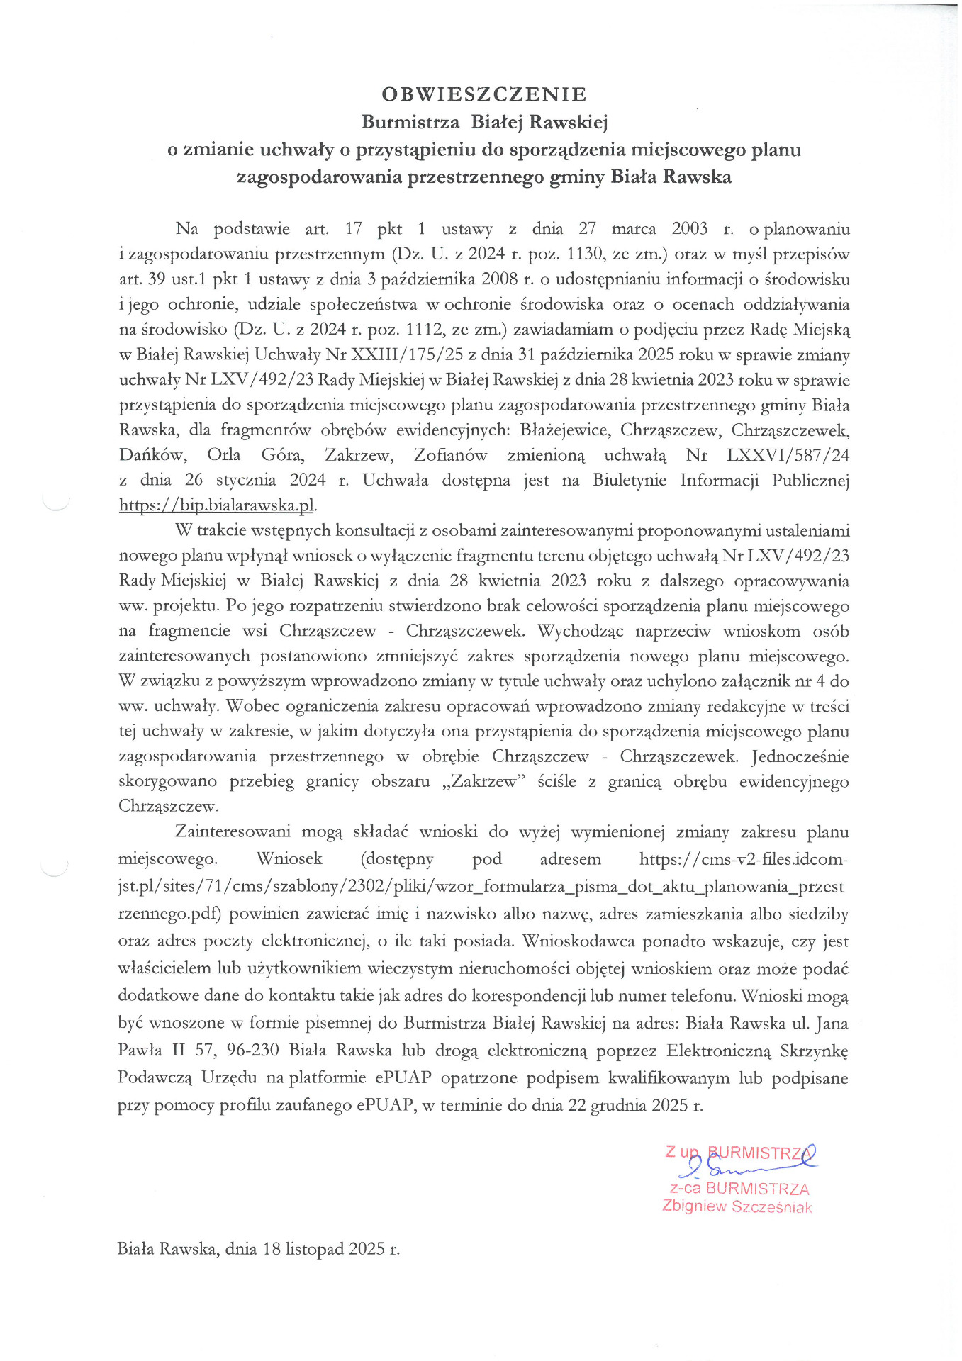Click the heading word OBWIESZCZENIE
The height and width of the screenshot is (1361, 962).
click(x=484, y=94)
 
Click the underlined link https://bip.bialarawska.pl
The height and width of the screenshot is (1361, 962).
click(x=216, y=505)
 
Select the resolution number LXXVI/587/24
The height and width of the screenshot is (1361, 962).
click(x=788, y=455)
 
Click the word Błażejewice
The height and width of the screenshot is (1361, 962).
click(x=564, y=430)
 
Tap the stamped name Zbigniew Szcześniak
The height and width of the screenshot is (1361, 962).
click(x=737, y=1206)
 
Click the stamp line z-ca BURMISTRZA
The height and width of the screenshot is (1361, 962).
click(x=739, y=1189)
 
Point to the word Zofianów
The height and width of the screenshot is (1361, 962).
click(x=450, y=455)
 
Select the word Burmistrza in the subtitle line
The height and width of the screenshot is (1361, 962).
click(x=410, y=122)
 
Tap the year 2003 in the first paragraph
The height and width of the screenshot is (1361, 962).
click(x=690, y=228)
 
